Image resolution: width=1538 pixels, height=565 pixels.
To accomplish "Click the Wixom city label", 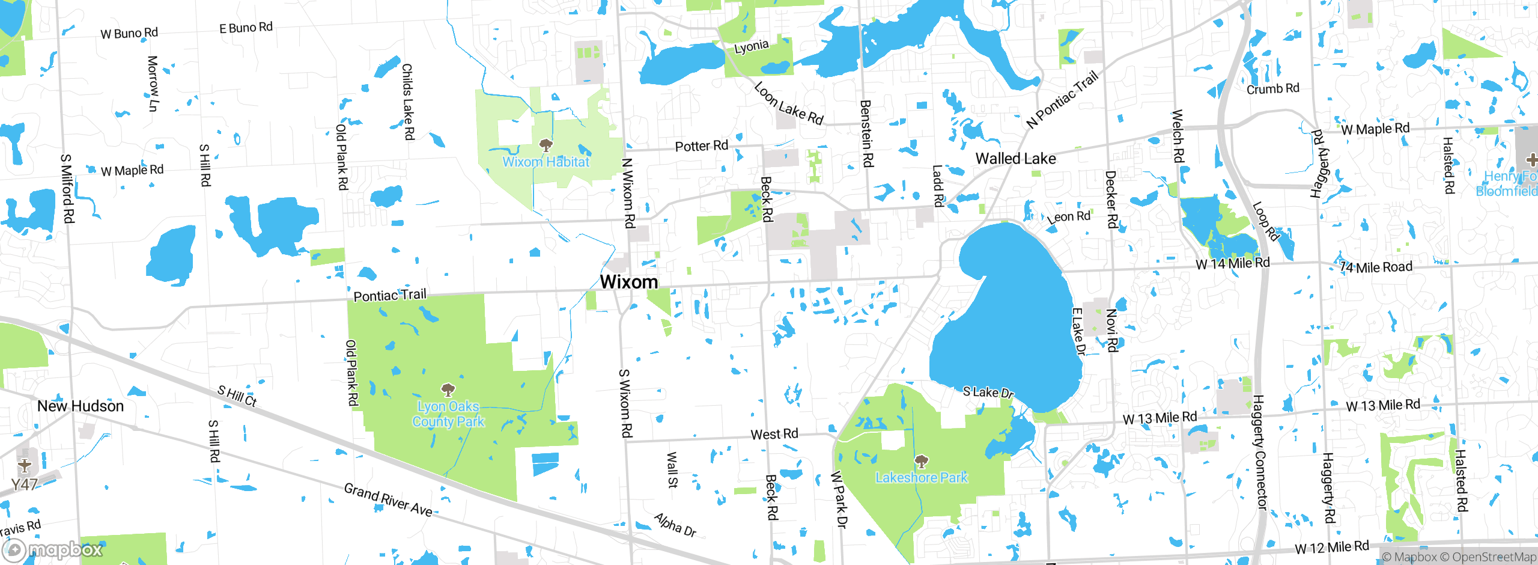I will tap(628, 282).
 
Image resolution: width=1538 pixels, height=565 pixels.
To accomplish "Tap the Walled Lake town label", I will tap(1015, 159).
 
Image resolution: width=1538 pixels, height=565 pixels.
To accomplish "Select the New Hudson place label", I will tap(81, 406).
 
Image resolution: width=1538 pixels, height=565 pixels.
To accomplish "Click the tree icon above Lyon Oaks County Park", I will tap(448, 390).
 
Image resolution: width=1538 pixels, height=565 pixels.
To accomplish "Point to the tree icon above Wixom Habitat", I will tap(546, 145).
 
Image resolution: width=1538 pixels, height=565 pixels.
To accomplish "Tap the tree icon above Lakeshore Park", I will tap(922, 462).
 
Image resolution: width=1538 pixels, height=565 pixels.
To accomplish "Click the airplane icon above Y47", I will tap(25, 466).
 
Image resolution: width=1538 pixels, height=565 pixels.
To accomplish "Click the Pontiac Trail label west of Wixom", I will tap(390, 295).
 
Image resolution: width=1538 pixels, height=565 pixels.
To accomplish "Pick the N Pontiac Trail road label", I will tap(1062, 100).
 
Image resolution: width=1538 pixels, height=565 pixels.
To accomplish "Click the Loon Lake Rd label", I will tap(788, 104).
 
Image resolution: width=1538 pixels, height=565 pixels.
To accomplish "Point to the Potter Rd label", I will tap(701, 146).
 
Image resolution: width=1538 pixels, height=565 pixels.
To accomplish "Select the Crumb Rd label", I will tap(1272, 89).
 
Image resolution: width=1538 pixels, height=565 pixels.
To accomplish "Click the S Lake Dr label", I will tap(988, 392).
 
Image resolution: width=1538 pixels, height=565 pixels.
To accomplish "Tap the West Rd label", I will tap(774, 434).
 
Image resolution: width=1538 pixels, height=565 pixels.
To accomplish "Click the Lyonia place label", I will tap(751, 47).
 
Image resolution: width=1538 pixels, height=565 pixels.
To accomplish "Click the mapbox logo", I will tap(53, 550).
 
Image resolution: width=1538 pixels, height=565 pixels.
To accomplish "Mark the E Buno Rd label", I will tap(246, 28).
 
